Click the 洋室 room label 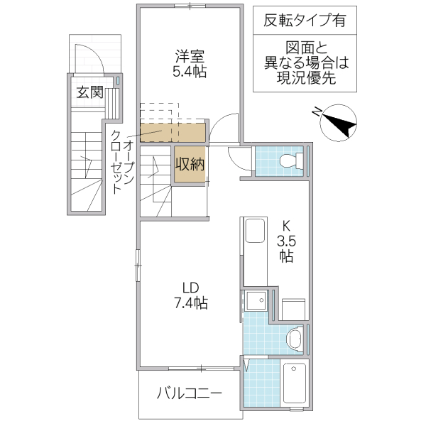point(190,57)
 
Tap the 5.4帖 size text point(190,72)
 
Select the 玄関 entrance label point(90,92)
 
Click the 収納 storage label point(190,164)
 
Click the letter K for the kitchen point(286,225)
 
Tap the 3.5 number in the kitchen point(286,240)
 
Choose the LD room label point(190,288)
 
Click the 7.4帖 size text point(190,303)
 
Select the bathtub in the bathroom point(293,385)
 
